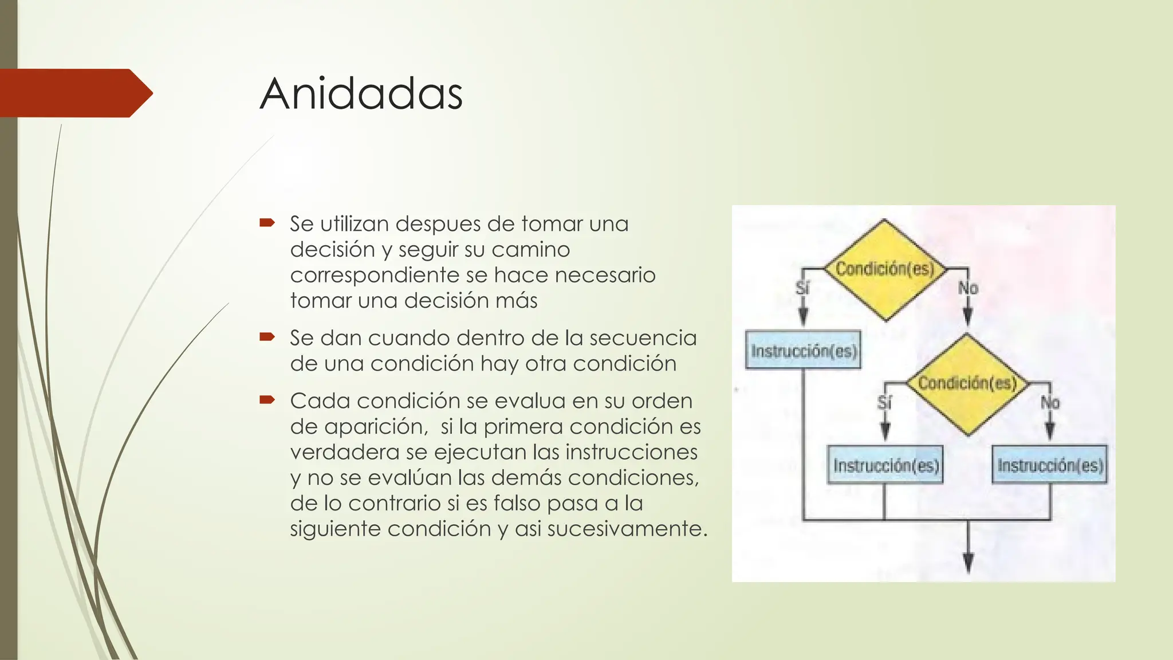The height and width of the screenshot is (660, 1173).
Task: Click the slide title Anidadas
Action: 361,93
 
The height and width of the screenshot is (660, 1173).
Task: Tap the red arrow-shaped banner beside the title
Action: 74,93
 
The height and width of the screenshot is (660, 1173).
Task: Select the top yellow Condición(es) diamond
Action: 884,269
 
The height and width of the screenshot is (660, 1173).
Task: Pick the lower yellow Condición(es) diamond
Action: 967,384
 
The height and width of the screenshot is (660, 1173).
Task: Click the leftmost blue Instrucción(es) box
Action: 804,350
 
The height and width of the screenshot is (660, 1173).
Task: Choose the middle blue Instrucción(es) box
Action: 885,465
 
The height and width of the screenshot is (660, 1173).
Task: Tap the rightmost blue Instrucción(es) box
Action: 1050,465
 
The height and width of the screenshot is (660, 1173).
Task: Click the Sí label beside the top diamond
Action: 802,288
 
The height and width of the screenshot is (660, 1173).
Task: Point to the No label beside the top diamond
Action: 968,288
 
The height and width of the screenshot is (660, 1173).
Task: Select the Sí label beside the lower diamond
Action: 885,402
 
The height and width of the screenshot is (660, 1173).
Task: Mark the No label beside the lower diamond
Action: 1050,402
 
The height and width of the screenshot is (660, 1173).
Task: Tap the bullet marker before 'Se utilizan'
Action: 267,222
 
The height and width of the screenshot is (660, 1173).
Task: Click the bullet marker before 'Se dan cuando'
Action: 267,336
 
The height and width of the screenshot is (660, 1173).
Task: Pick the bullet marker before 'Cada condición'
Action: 267,399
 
